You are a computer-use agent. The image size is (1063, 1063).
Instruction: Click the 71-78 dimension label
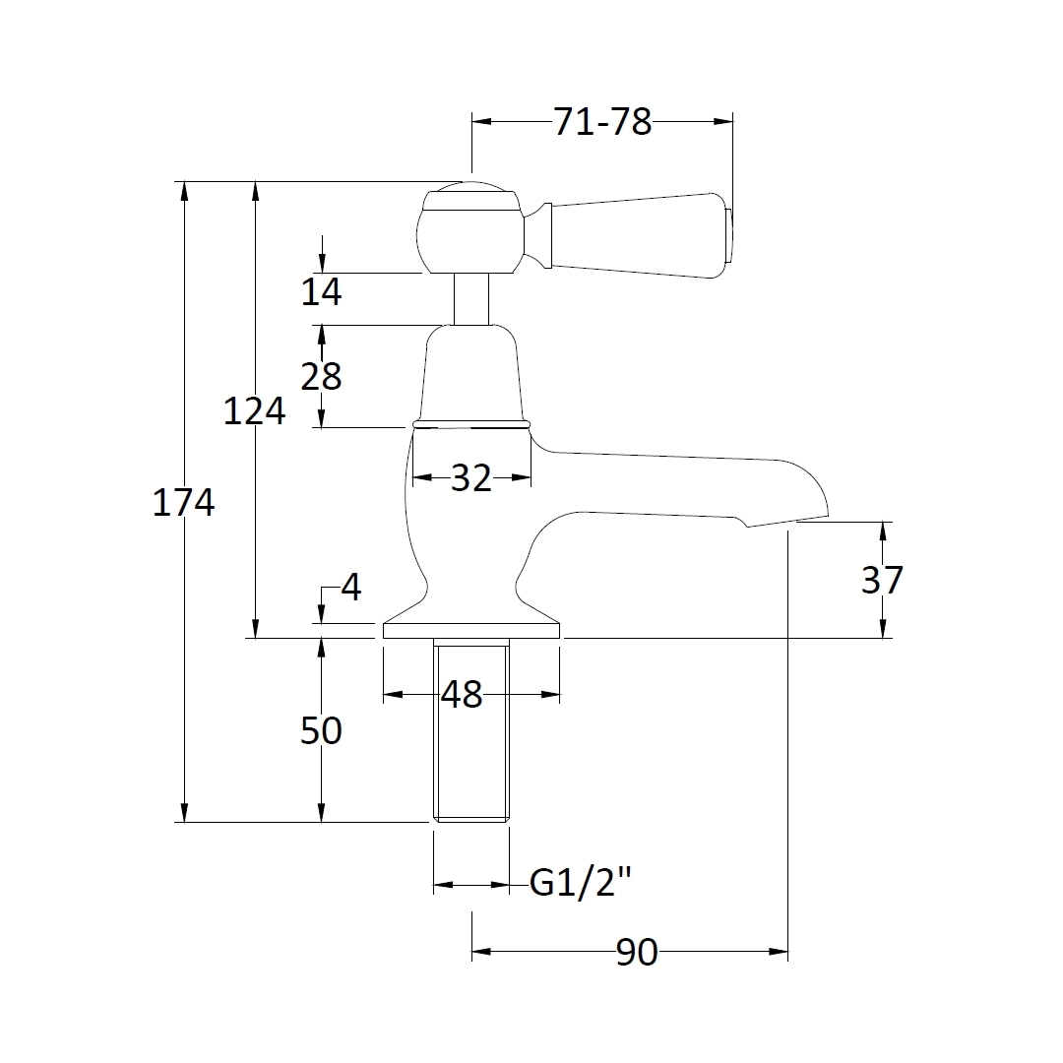pos(602,122)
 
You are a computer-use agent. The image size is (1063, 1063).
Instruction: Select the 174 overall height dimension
pos(183,503)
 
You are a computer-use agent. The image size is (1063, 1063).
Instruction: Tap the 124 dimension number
pos(254,410)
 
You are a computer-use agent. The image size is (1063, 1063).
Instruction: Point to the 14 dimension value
pos(321,291)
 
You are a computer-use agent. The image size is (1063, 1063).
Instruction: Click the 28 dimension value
pos(321,376)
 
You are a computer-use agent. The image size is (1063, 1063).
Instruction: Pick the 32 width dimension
pos(470,478)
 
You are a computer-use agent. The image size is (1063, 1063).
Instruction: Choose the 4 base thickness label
pos(351,589)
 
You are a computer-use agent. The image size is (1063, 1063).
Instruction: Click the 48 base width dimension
pos(462,695)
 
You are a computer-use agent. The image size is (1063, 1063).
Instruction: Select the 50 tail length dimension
pos(321,731)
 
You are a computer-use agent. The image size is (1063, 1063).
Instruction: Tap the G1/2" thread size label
pos(579,884)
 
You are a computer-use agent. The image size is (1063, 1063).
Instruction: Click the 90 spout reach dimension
pos(637,953)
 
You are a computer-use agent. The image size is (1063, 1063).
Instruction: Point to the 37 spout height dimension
pos(882,581)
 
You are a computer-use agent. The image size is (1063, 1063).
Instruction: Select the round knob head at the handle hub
pos(469,231)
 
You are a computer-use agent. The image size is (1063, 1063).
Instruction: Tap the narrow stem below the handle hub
pos(471,299)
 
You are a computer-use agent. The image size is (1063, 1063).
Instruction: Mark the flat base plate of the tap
pos(470,631)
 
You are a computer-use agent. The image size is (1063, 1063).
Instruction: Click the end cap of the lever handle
pos(729,236)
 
